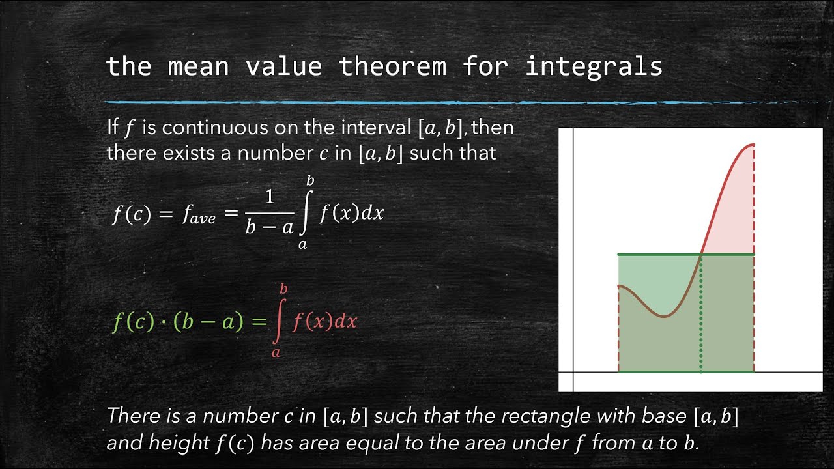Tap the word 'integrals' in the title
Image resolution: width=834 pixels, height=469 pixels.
[x=594, y=66]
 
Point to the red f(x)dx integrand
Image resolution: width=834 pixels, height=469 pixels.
[x=324, y=321]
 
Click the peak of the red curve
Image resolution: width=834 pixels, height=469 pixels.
[x=752, y=145]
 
